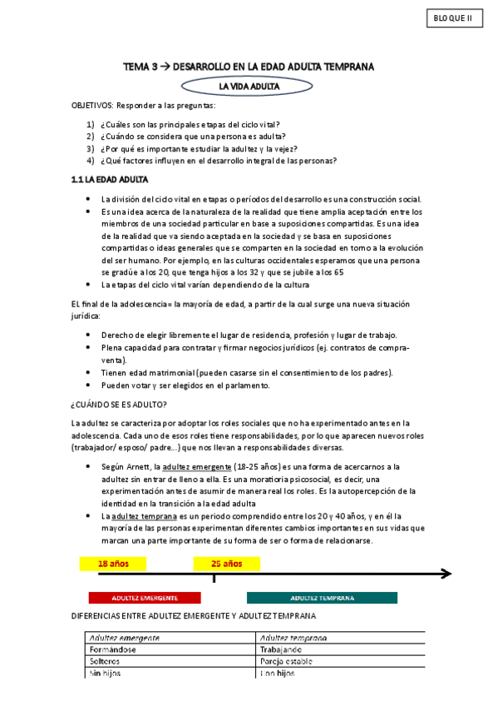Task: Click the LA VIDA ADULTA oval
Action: coord(249,86)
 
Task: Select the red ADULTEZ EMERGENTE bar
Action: coord(145,598)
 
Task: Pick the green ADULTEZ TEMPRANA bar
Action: coord(322,598)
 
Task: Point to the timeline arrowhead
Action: coord(446,574)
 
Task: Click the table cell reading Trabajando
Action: coord(280,649)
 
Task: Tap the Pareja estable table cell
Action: coord(288,661)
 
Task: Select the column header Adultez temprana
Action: coord(293,638)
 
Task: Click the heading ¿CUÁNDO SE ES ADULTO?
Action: coord(119,405)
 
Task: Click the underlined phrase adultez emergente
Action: coord(199,467)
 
